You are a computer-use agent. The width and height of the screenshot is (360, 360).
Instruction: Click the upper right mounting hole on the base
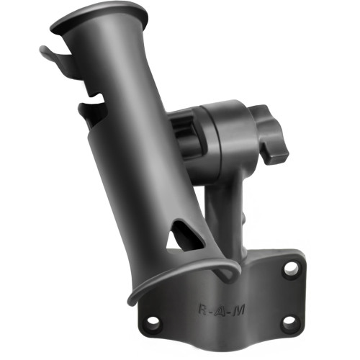click(x=291, y=269)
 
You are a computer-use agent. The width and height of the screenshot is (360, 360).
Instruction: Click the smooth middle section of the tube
click(x=137, y=158)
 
